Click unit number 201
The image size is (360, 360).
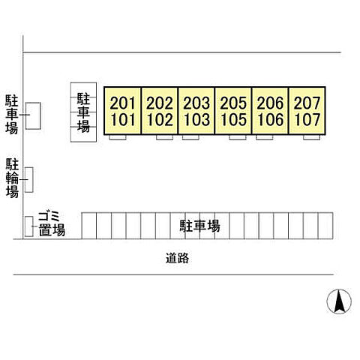click(x=122, y=103)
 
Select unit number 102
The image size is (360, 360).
click(x=160, y=119)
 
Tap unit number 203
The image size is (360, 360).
click(x=196, y=103)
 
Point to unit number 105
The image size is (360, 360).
click(x=233, y=119)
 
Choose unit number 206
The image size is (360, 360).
click(x=270, y=103)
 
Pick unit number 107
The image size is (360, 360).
click(x=307, y=119)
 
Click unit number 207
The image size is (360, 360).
click(x=307, y=103)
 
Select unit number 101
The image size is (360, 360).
click(x=123, y=119)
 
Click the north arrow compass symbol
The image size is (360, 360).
click(x=339, y=301)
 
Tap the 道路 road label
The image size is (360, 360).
click(x=177, y=258)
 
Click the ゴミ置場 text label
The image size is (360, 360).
click(x=52, y=223)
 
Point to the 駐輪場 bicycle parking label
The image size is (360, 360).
click(x=12, y=178)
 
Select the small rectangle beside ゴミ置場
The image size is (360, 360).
click(x=29, y=226)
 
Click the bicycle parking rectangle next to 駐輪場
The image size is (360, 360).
click(x=29, y=180)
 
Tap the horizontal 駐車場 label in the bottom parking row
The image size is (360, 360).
click(x=200, y=226)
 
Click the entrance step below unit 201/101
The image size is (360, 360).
click(x=118, y=137)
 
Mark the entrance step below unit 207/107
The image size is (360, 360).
click(x=311, y=137)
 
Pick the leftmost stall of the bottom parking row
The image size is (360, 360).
click(x=89, y=226)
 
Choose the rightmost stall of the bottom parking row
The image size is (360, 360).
click(x=325, y=226)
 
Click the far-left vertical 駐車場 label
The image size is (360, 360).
click(x=12, y=114)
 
